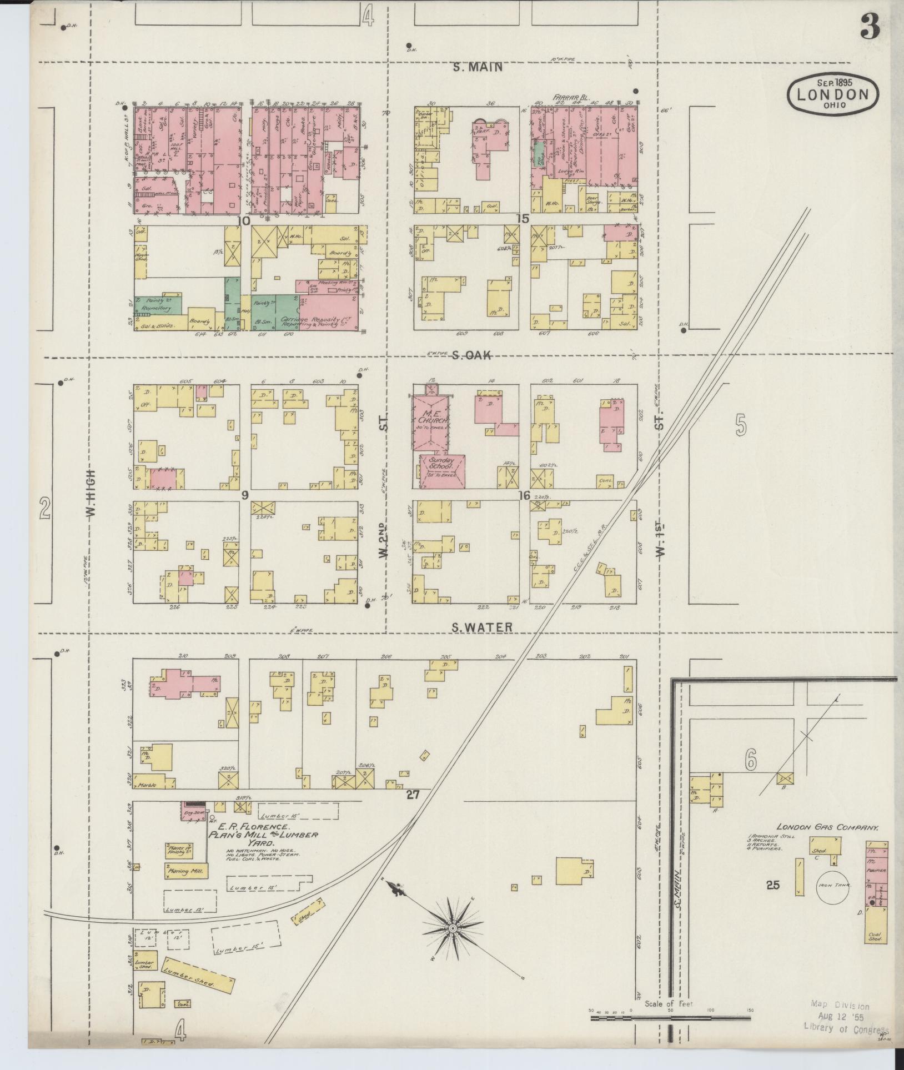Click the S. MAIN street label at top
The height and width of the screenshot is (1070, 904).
click(x=478, y=68)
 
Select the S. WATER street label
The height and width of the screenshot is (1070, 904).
click(x=481, y=628)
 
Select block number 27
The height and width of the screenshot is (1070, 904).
click(x=412, y=795)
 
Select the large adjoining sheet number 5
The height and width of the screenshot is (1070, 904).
click(x=741, y=426)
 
